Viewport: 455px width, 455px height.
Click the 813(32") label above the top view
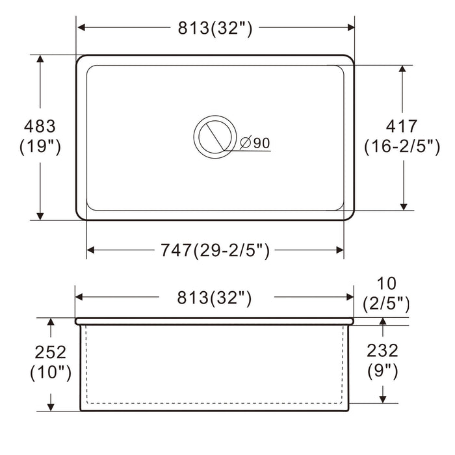[x=215, y=28]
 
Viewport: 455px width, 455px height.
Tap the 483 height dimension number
[x=40, y=126]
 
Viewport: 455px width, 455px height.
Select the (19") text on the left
[x=40, y=147]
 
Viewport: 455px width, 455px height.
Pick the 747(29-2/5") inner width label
[x=215, y=250]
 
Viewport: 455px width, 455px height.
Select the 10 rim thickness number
[x=385, y=283]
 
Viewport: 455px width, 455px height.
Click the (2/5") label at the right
[x=385, y=303]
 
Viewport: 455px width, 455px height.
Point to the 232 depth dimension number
[x=382, y=350]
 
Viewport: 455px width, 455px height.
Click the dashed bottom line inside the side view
[x=215, y=403]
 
